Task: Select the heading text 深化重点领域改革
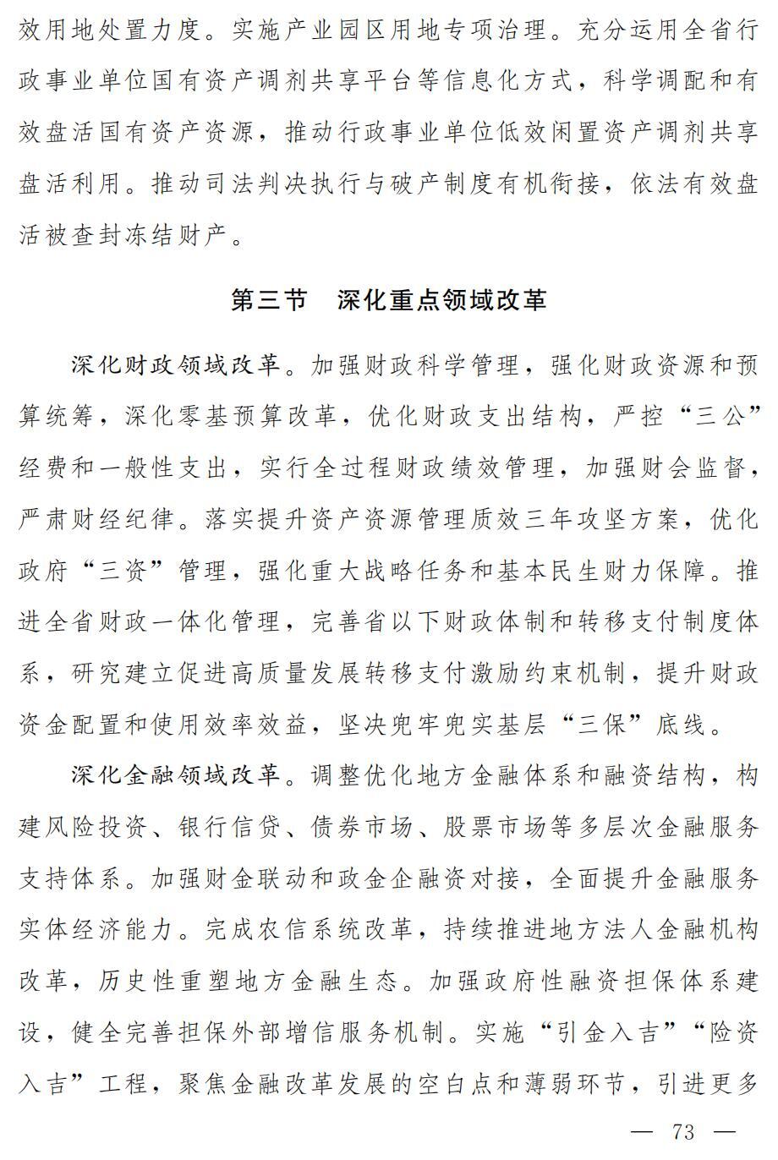[441, 300]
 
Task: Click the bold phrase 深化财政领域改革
[175, 365]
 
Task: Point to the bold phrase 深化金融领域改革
[175, 774]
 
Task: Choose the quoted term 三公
[718, 416]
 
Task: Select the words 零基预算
[230, 416]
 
